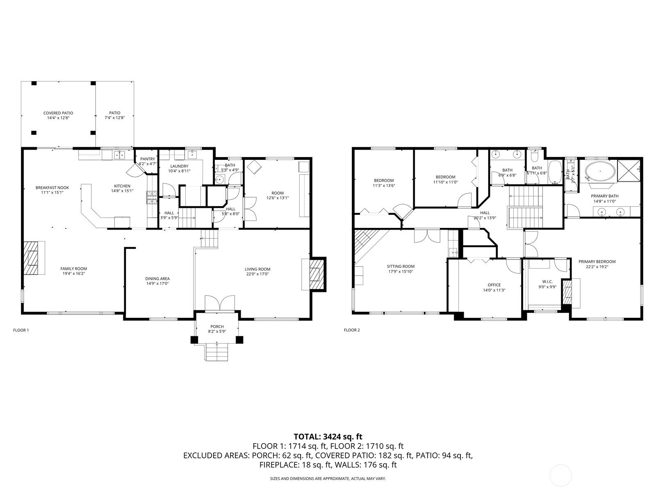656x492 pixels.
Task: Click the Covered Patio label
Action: click(x=58, y=113)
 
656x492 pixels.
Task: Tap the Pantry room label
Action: click(x=148, y=159)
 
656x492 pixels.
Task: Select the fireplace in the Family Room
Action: click(x=30, y=257)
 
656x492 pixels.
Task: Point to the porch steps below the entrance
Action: click(x=216, y=351)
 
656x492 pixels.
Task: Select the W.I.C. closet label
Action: click(x=547, y=281)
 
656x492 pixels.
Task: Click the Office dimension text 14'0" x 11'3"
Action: click(x=494, y=290)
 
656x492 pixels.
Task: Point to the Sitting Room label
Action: click(x=401, y=266)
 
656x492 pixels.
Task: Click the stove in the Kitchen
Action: click(x=152, y=198)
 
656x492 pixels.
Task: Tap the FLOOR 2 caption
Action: click(x=351, y=330)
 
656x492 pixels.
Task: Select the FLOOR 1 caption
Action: click(x=21, y=330)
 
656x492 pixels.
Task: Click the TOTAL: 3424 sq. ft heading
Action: click(x=328, y=437)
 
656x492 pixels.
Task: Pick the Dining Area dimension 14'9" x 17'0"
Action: click(x=157, y=283)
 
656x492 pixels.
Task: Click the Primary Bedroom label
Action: click(x=597, y=262)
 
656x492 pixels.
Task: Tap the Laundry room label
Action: click(x=179, y=166)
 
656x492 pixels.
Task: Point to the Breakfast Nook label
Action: click(x=52, y=187)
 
